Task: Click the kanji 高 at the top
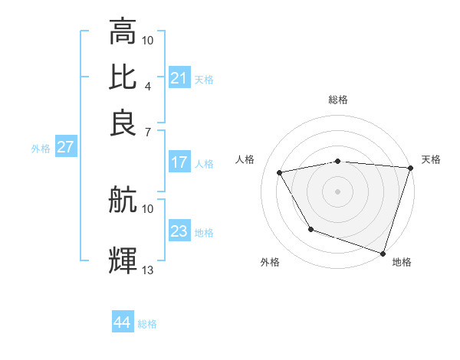[123, 32]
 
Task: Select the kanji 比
[123, 77]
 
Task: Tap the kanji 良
[123, 122]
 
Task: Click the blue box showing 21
[179, 78]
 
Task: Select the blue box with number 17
[179, 162]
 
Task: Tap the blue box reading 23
[179, 231]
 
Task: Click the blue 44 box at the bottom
[123, 322]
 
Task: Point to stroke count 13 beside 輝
[148, 270]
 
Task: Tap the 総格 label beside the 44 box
[147, 324]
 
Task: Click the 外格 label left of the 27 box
[40, 149]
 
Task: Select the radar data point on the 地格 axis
[383, 252]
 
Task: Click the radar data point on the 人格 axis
[280, 173]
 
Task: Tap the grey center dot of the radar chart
[337, 191]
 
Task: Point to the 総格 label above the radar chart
[337, 100]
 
